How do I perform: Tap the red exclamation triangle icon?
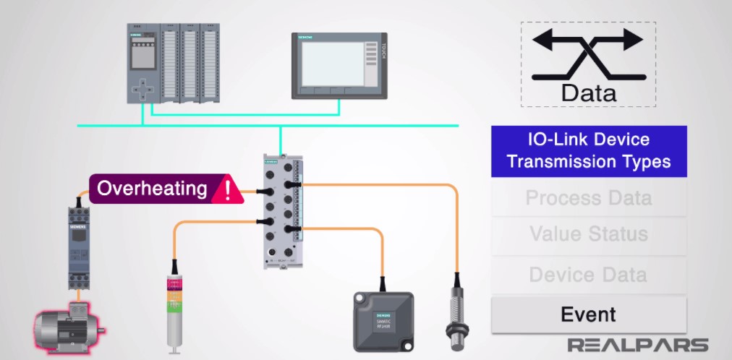coord(229,189)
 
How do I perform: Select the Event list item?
coord(588,314)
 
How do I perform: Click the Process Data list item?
coord(588,197)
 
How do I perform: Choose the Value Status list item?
coord(588,234)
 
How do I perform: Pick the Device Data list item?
coord(588,275)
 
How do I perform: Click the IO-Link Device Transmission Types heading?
coord(588,150)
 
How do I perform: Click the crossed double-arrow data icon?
coord(587,54)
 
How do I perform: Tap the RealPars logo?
coord(637,345)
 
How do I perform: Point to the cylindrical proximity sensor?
coord(456,312)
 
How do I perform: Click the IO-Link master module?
coord(283,209)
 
